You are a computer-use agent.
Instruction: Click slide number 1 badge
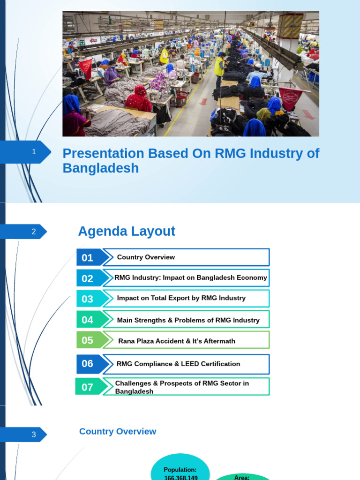[x=33, y=152]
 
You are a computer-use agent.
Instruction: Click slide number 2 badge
[x=33, y=232]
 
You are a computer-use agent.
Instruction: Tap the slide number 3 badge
[x=33, y=435]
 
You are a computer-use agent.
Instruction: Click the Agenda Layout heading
[x=127, y=231]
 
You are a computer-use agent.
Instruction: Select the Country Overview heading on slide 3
[x=118, y=431]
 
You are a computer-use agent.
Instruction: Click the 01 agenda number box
[x=88, y=257]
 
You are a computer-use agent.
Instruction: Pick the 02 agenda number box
[x=88, y=278]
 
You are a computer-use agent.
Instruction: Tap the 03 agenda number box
[x=88, y=299]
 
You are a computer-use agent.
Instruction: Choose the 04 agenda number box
[x=88, y=320]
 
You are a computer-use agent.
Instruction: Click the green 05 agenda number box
[x=88, y=340]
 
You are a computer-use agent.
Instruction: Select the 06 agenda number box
[x=88, y=364]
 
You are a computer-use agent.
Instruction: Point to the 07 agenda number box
[x=88, y=387]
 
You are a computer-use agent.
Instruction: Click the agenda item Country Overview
[x=146, y=257]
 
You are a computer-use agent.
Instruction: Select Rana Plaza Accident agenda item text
[x=177, y=341]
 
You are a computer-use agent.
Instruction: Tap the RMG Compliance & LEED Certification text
[x=178, y=364]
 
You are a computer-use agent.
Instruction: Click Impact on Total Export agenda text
[x=181, y=298]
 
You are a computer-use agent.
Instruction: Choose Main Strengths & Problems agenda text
[x=188, y=320]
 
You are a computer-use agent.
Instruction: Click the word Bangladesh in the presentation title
[x=101, y=168]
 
